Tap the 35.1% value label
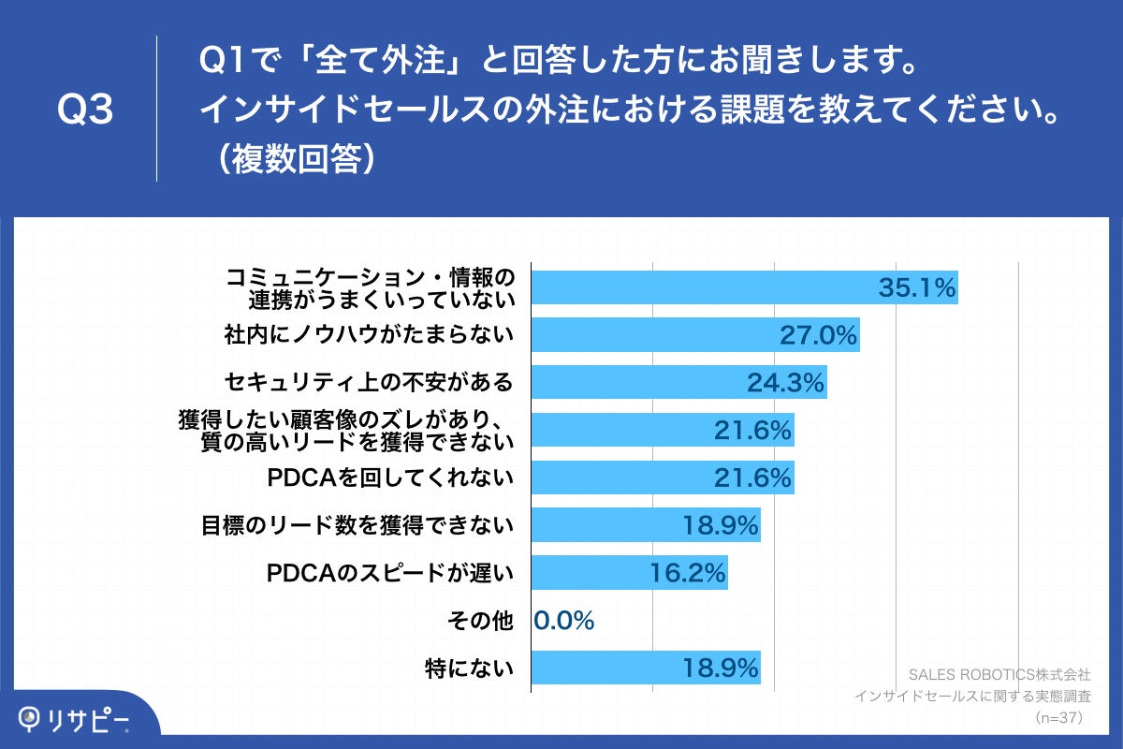click(x=916, y=287)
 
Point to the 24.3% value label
click(x=785, y=382)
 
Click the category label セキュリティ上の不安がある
click(x=369, y=382)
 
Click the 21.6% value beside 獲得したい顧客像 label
click(x=752, y=430)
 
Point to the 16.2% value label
click(x=687, y=573)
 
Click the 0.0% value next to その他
click(x=564, y=621)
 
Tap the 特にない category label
click(x=469, y=668)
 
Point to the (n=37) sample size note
click(x=1057, y=717)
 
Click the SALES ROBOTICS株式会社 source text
click(x=999, y=674)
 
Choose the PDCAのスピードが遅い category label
click(x=390, y=573)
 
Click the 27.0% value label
click(x=819, y=335)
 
